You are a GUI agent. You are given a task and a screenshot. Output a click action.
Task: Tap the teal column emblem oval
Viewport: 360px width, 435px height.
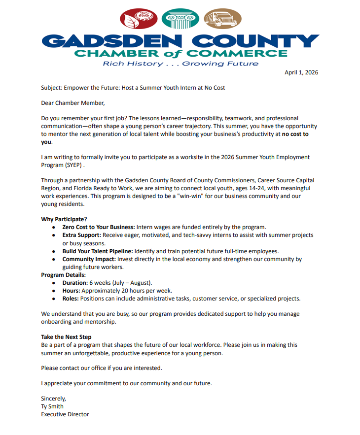pyautogui.click(x=180, y=19)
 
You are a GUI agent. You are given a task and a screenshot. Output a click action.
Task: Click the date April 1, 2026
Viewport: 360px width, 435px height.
pyautogui.click(x=301, y=73)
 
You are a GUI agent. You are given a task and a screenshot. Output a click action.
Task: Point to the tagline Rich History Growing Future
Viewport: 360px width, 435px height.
pyautogui.click(x=180, y=64)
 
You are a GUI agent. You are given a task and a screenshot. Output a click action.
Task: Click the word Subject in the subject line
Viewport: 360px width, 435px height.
pyautogui.click(x=52, y=88)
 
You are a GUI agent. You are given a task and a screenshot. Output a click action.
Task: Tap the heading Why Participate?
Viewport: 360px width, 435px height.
pyautogui.click(x=65, y=219)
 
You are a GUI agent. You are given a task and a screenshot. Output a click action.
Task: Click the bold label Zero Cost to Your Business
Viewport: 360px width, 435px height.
pyautogui.click(x=99, y=227)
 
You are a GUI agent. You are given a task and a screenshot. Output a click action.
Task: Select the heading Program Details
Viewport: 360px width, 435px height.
pyautogui.click(x=64, y=274)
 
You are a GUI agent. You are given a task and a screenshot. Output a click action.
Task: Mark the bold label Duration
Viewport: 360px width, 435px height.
pyautogui.click(x=75, y=283)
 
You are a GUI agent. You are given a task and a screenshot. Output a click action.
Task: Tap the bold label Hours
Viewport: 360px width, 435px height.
pyautogui.click(x=72, y=291)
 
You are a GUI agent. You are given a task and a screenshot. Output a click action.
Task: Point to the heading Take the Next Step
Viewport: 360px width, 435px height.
pyautogui.click(x=66, y=337)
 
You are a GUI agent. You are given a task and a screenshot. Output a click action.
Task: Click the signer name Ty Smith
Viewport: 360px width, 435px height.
pyautogui.click(x=52, y=406)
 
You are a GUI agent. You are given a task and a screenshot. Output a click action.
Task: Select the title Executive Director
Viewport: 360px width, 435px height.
pyautogui.click(x=65, y=414)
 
